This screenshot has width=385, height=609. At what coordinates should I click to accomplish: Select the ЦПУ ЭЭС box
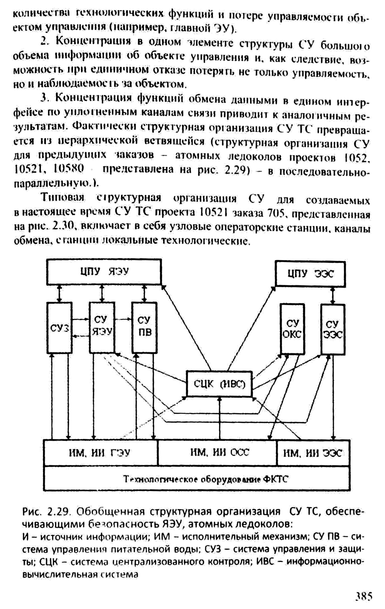pyautogui.click(x=310, y=274)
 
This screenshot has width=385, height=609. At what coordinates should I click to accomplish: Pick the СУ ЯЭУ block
pyautogui.click(x=102, y=327)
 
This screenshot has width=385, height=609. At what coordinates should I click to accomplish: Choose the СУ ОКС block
pyautogui.click(x=292, y=329)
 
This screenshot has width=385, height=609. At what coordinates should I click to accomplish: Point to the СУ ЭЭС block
pyautogui.click(x=333, y=329)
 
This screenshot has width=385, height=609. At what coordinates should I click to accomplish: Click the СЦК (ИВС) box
pyautogui.click(x=219, y=383)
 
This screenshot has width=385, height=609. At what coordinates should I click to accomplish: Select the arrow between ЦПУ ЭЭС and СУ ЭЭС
pyautogui.click(x=333, y=295)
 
